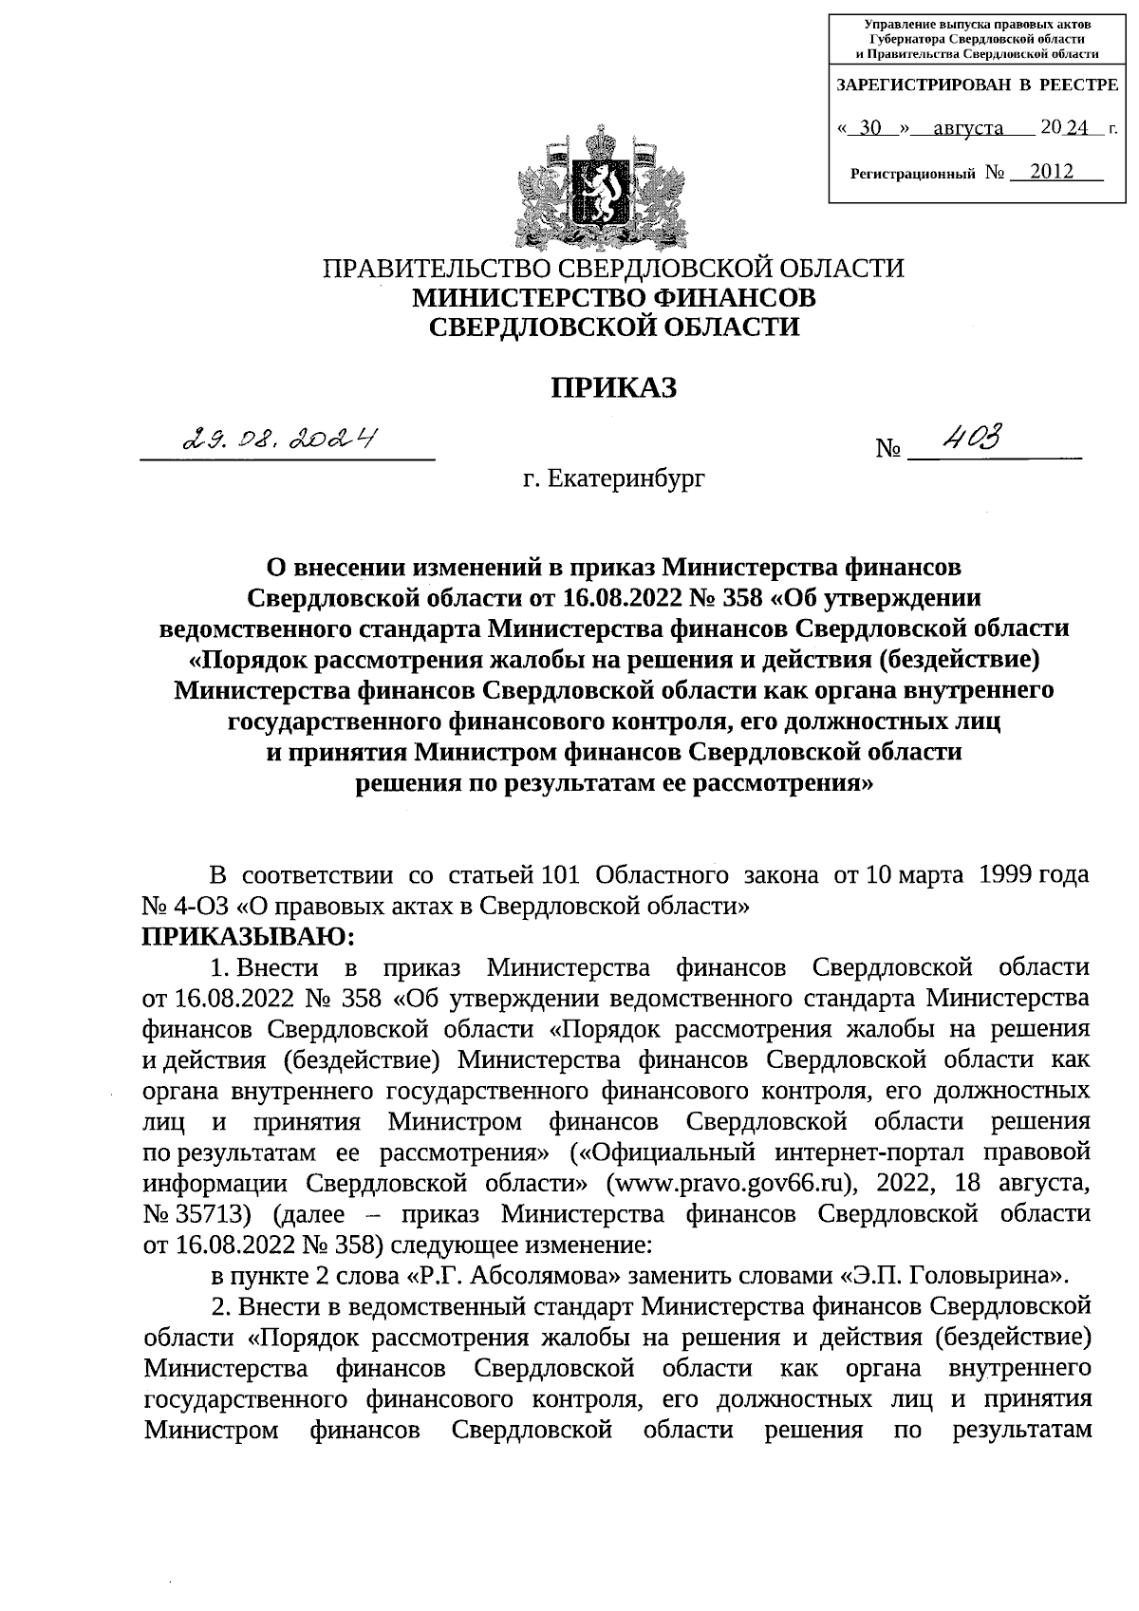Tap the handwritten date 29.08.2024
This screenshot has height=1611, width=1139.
tap(281, 438)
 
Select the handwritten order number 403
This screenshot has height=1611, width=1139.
tap(970, 437)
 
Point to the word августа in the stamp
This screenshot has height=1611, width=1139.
tap(968, 126)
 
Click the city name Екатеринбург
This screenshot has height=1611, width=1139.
tap(626, 480)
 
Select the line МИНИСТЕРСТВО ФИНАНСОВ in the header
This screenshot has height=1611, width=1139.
tap(613, 298)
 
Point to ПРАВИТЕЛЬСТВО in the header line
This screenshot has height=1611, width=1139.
tap(436, 269)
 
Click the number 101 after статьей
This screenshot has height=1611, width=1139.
tap(557, 874)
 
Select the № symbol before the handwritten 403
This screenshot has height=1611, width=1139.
tap(888, 448)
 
